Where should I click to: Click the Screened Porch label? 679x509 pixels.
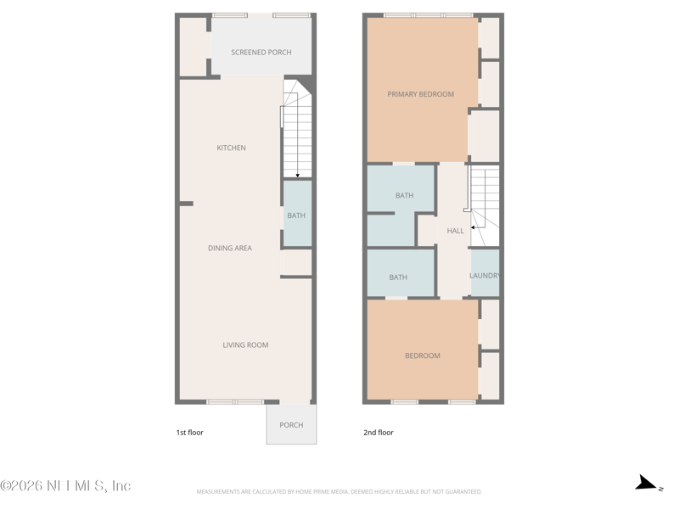261,53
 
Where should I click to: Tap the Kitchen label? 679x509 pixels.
231,148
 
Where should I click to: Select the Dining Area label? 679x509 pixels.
230,249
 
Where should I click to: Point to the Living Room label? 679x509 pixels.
245,345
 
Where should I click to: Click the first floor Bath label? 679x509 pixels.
296,216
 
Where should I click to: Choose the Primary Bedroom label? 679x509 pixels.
420,94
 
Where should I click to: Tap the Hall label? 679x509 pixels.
455,231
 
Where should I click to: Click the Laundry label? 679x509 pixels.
485,276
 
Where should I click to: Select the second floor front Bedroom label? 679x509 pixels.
422,356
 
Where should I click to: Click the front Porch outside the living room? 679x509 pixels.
291,425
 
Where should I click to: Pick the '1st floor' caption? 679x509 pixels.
189,433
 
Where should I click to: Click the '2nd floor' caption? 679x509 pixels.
379,433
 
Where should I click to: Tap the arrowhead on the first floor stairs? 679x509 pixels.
297,176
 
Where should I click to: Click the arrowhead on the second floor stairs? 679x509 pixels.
473,227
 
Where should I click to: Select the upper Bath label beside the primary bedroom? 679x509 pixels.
404,196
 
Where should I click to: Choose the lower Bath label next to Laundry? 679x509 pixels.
398,277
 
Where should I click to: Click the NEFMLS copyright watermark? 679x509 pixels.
65,486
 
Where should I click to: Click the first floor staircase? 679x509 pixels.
297,131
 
